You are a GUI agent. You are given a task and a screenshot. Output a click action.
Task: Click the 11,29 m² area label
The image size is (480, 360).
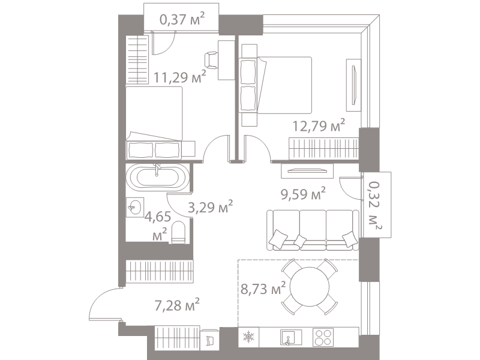179,77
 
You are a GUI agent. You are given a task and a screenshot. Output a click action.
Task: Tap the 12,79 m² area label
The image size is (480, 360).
319,125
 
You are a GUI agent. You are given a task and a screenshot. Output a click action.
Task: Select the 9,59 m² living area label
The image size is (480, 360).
303,193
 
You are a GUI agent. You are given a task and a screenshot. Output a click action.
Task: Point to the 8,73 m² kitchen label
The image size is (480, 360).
263,289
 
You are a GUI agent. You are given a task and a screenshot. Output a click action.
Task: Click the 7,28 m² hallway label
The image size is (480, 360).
177,305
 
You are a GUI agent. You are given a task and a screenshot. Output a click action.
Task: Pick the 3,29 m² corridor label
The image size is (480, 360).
211,207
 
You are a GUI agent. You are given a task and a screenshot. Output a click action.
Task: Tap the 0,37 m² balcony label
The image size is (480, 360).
182,19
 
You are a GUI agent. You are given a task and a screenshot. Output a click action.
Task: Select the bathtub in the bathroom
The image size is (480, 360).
158,177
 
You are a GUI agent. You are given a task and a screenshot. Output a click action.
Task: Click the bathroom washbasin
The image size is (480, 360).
134,207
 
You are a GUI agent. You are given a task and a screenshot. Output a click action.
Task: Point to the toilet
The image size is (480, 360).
178,232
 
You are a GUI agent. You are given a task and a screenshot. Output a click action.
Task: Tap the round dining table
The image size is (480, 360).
310,287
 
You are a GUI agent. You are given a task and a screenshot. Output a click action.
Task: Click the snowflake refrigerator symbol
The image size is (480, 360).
248,337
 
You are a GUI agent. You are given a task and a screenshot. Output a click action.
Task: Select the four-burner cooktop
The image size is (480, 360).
323,337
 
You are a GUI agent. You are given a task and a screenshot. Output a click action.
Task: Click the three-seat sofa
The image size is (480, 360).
313,230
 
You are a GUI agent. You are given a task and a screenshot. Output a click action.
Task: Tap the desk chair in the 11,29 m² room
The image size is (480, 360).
211,60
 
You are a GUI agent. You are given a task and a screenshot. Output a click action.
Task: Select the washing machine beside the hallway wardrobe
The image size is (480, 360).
209,339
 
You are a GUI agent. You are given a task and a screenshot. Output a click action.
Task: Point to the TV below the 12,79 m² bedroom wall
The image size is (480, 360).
307,171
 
